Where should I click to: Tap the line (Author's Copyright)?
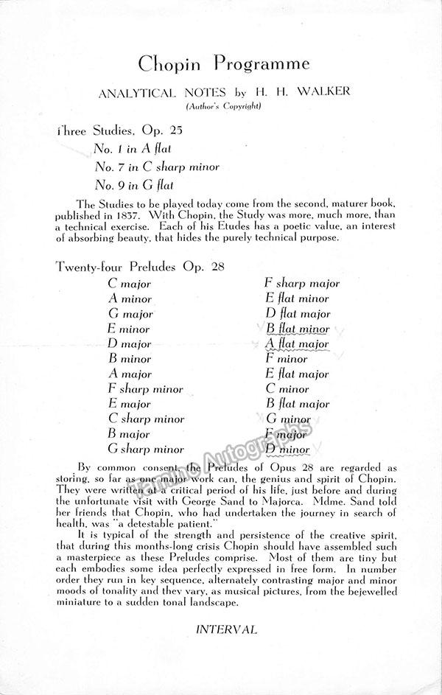click(x=221, y=107)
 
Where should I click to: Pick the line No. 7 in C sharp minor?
click(x=156, y=167)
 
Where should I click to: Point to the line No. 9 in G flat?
click(x=133, y=185)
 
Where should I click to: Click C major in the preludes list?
click(x=129, y=283)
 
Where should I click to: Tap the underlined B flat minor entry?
click(x=298, y=329)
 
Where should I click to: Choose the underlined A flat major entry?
click(x=297, y=343)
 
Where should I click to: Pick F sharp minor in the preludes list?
click(x=145, y=388)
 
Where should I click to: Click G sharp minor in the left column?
click(x=146, y=449)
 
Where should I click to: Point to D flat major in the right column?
click(x=298, y=313)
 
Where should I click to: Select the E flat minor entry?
click(x=298, y=298)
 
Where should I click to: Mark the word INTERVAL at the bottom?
click(x=226, y=629)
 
